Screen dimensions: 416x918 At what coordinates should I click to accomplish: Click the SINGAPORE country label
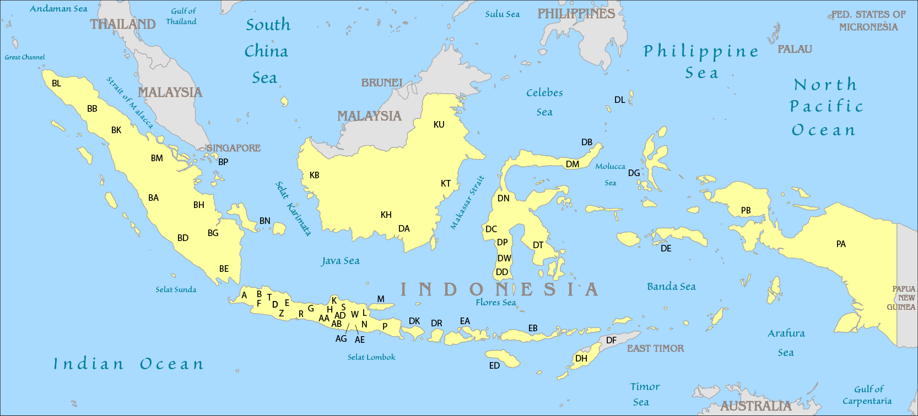coord(233,148)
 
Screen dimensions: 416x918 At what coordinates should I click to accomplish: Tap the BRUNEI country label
coord(382,83)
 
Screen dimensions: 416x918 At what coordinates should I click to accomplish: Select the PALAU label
coord(795,49)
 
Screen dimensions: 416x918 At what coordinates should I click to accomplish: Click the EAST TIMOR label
coord(655,348)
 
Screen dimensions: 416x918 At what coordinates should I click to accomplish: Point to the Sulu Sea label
coord(502,14)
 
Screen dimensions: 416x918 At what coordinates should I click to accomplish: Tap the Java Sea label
coord(341,261)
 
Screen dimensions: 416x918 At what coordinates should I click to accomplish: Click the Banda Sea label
coord(671,287)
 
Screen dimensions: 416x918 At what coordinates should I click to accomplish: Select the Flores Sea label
coord(495,302)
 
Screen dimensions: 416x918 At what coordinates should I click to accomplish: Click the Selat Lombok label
coord(371,357)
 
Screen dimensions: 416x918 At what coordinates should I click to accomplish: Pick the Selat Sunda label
coord(176,289)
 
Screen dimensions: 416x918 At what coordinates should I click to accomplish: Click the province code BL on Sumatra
coord(56,84)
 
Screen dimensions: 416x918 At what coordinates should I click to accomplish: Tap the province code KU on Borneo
coord(439,124)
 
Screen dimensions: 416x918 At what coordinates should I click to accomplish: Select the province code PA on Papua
coord(841,244)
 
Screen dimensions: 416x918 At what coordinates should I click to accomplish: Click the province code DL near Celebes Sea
coord(620,100)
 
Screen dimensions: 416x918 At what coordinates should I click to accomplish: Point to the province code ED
coord(494,365)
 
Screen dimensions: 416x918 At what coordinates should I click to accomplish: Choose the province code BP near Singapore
coord(223,162)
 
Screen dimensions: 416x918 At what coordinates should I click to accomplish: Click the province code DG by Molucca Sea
coord(634,173)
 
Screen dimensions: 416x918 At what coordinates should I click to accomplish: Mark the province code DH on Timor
coord(581,358)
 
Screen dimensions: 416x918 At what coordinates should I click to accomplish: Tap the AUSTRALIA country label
coord(755,406)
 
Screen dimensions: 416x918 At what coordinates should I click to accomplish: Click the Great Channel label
coord(25,57)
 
